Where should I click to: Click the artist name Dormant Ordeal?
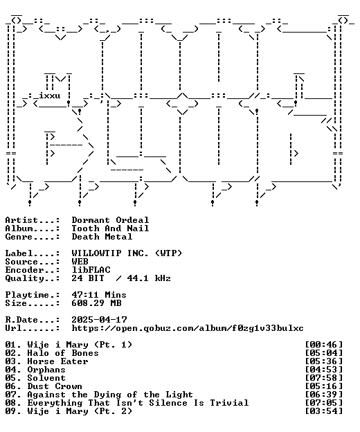[110, 220]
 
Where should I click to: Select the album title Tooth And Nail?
[110, 228]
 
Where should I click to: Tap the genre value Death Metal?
[102, 237]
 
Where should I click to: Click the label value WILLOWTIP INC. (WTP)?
[127, 253]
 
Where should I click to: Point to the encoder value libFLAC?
[91, 270]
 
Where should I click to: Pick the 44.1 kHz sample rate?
[149, 278]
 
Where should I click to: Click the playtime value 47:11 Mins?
[99, 295]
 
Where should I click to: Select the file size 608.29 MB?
[96, 303]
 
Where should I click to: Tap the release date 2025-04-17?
[99, 320]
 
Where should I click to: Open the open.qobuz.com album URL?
[188, 328]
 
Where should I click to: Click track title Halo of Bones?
[63, 353]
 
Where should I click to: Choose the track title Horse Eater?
[57, 361]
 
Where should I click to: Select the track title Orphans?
[46, 370]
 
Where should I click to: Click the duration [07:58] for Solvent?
[324, 378]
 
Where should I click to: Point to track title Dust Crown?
[55, 386]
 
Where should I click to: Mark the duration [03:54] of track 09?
[324, 411]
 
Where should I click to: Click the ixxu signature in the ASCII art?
[49, 96]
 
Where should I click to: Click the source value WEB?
[80, 262]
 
